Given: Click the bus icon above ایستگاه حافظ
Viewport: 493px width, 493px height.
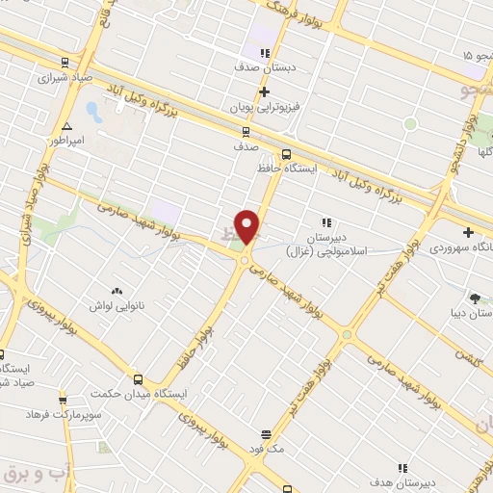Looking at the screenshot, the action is (x=286, y=154).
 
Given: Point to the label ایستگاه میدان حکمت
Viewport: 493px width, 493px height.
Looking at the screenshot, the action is (x=139, y=394).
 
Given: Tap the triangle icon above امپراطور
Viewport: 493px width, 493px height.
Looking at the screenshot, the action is (x=66, y=126).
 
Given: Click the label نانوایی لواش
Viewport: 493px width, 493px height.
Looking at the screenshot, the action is (x=115, y=305).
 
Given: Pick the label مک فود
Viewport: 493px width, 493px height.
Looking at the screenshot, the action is (x=264, y=448).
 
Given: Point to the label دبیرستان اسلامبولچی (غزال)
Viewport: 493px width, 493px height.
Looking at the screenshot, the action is (x=326, y=244).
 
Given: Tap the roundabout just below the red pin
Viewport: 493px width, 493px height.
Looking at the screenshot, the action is (x=246, y=260).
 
